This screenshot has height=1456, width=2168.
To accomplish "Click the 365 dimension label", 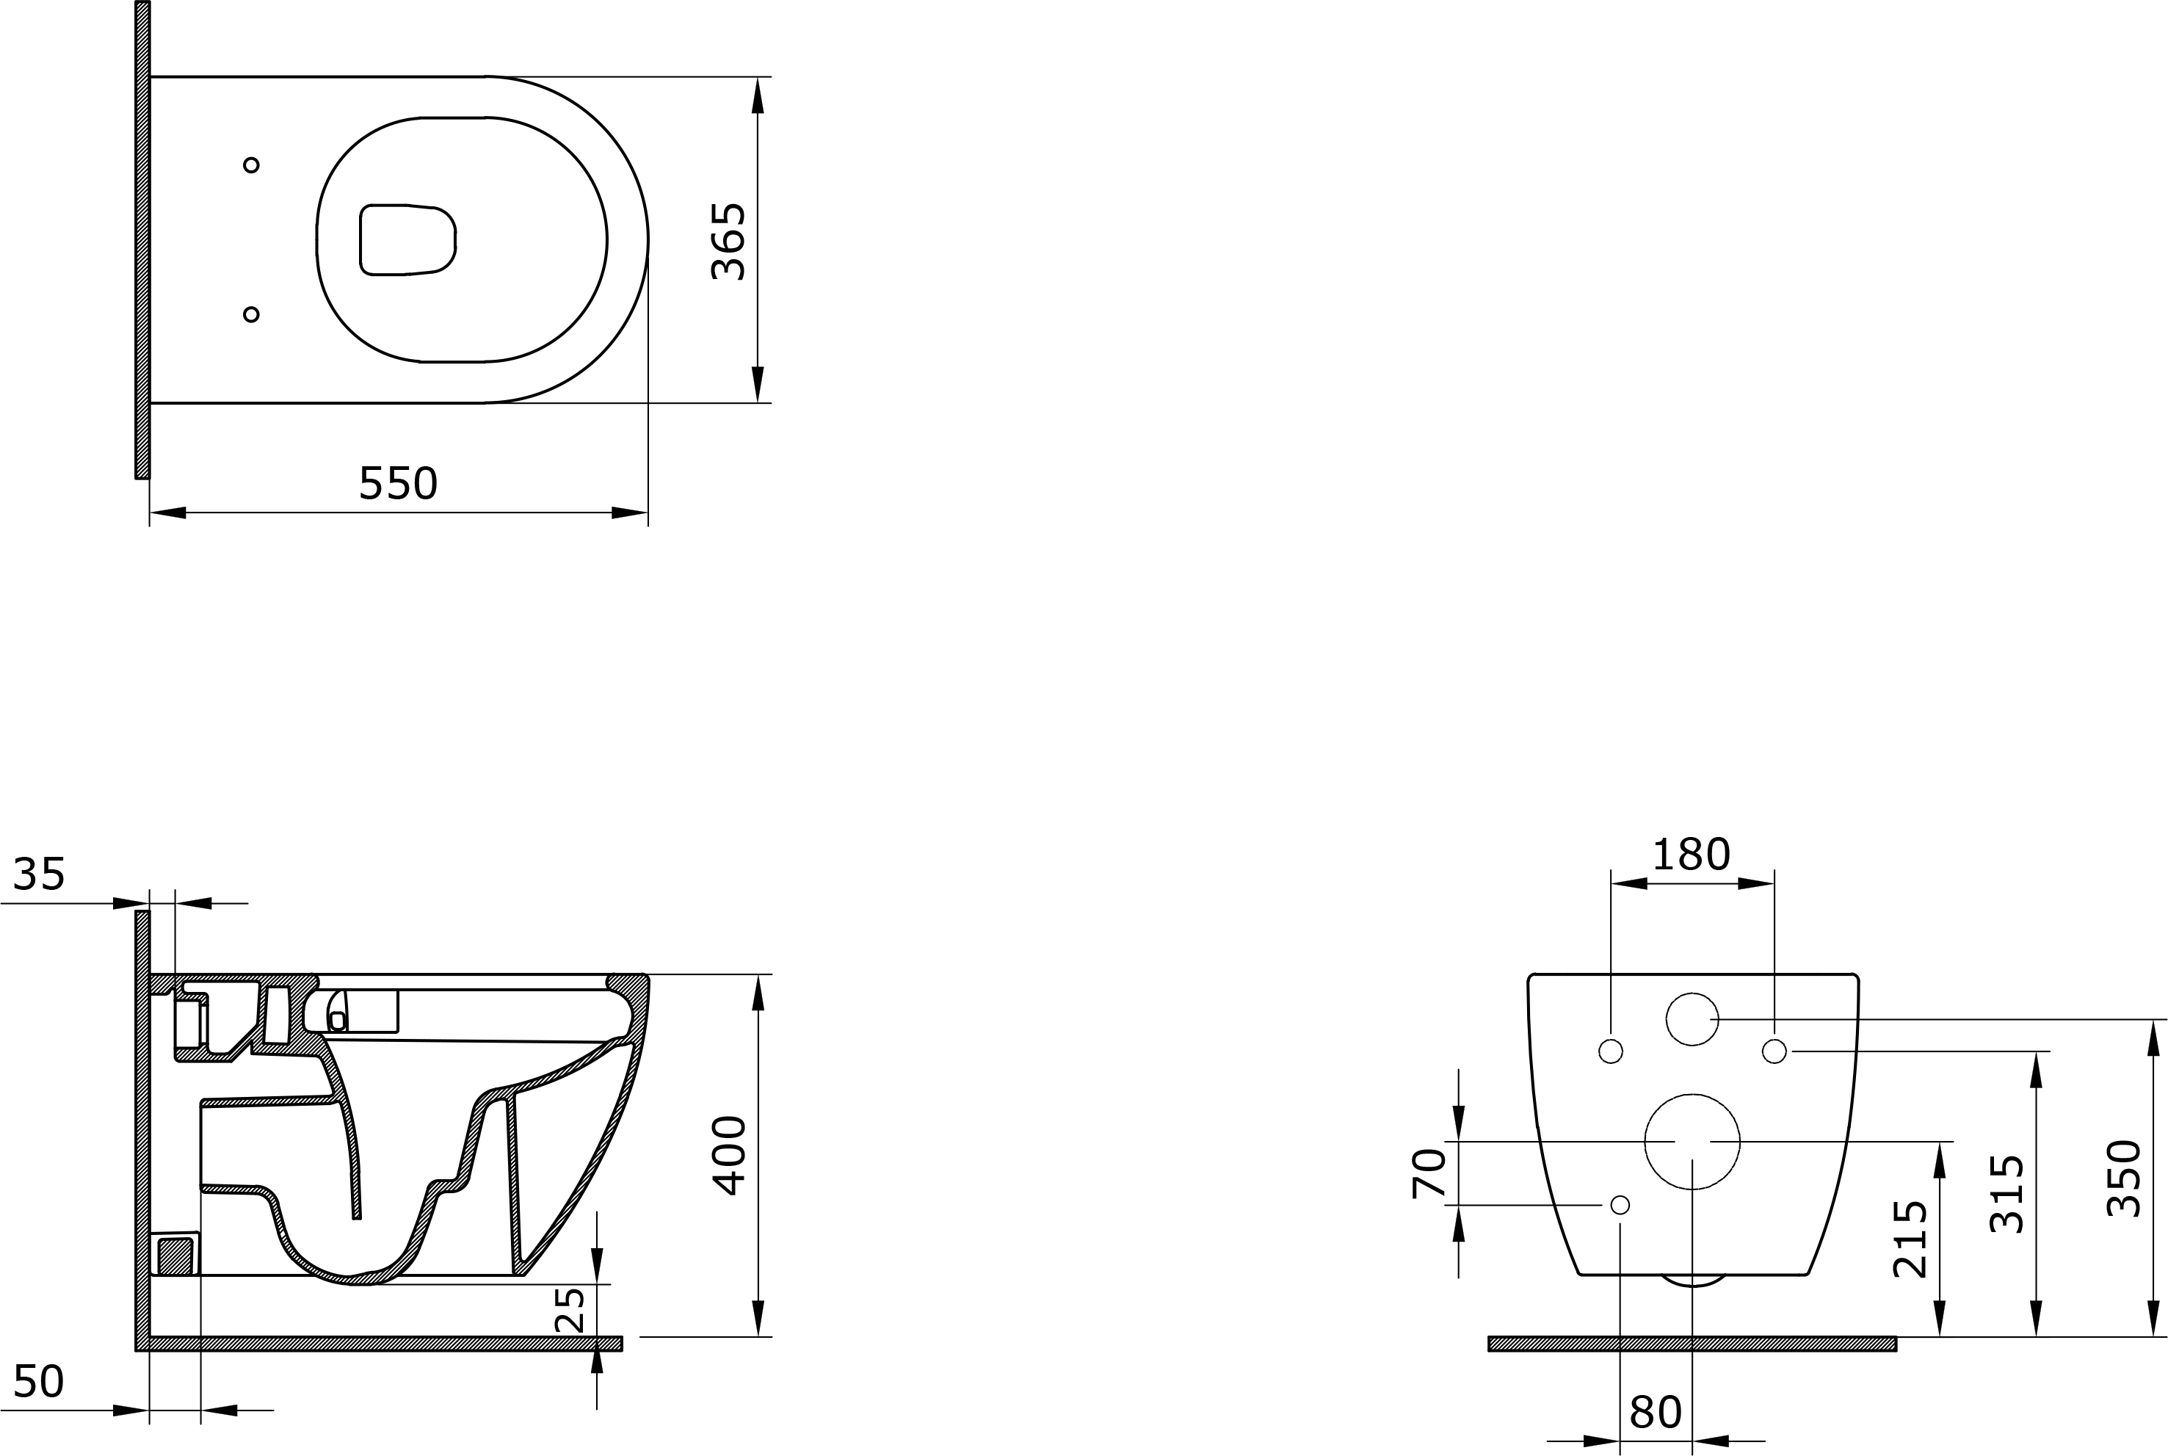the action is click(x=728, y=242).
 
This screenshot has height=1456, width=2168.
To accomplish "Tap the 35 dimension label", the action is click(x=39, y=874).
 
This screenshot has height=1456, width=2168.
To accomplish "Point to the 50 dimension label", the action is click(x=39, y=1382).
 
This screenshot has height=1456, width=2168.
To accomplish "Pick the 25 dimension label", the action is click(x=571, y=1309).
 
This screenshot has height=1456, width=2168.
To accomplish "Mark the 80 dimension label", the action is click(x=1656, y=1413).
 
